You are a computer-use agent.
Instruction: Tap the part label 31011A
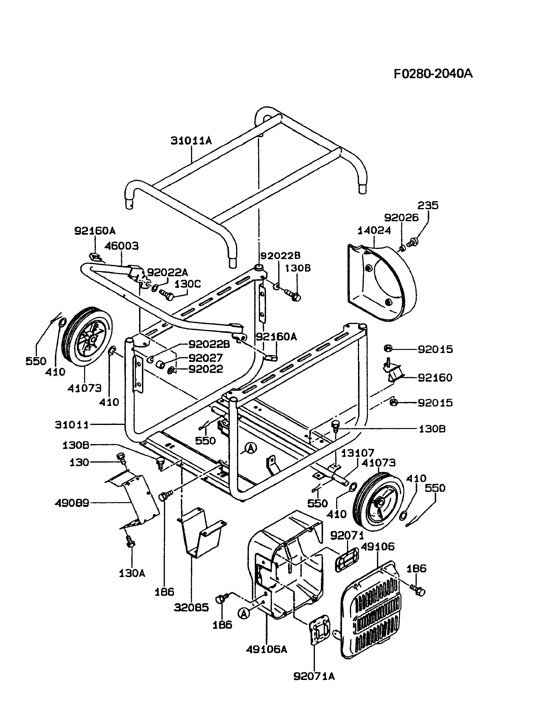[191, 141]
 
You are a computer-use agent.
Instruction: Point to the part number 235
[428, 205]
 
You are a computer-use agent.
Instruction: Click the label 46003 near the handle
[122, 246]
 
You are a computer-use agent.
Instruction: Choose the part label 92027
[205, 358]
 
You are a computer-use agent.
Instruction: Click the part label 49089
[72, 503]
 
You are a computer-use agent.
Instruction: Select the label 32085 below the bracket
[191, 607]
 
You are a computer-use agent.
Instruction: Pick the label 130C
[188, 284]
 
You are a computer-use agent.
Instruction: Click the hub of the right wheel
[381, 503]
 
